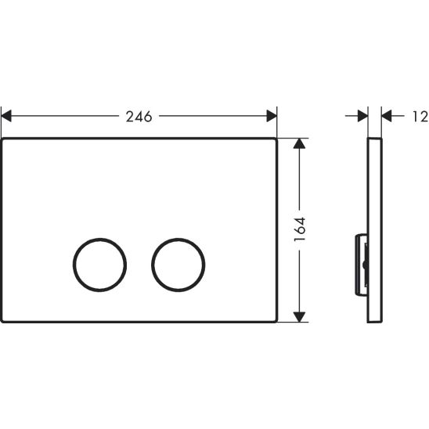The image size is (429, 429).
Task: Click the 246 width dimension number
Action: (139, 117)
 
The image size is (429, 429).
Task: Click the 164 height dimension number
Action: (300, 229)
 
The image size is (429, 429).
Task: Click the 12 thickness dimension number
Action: (420, 117)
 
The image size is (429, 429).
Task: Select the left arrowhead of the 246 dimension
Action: (6, 116)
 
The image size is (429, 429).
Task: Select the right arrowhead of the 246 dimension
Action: (272, 116)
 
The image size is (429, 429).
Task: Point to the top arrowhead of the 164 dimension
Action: (299, 143)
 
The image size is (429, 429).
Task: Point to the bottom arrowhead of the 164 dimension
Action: (299, 317)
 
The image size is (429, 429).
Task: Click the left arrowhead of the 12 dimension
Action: (362, 116)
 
